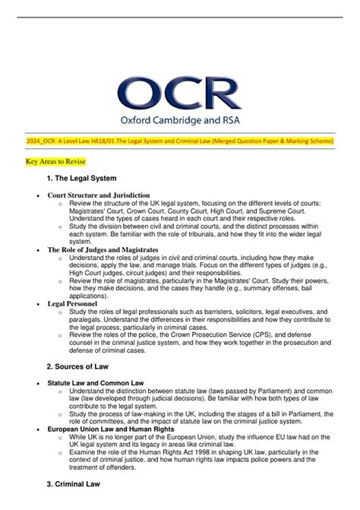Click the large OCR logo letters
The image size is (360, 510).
179,97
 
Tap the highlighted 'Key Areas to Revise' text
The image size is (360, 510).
55,163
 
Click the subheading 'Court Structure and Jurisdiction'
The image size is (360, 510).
99,195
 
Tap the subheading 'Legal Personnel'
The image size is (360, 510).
72,303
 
